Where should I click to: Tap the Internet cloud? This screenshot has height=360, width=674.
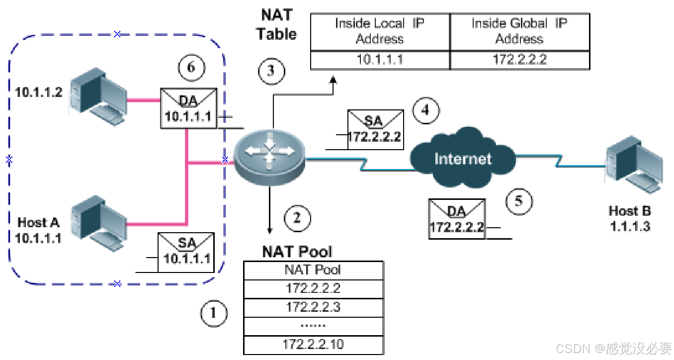(462, 158)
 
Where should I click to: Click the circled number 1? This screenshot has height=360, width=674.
(214, 313)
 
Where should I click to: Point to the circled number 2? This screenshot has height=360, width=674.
(297, 219)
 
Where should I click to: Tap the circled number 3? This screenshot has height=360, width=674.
(271, 71)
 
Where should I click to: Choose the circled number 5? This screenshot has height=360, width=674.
(519, 201)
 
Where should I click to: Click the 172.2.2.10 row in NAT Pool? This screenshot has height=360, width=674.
(313, 344)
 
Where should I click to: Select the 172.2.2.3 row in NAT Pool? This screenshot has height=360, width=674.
(313, 307)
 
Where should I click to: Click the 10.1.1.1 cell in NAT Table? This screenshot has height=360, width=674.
(380, 60)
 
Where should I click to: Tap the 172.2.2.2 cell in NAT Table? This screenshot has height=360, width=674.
(519, 60)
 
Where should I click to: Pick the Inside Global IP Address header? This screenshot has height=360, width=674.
(519, 31)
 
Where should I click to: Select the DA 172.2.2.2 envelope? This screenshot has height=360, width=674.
(456, 219)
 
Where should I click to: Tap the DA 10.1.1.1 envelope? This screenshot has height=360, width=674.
(188, 108)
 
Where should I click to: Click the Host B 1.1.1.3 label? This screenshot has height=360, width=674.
(630, 218)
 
